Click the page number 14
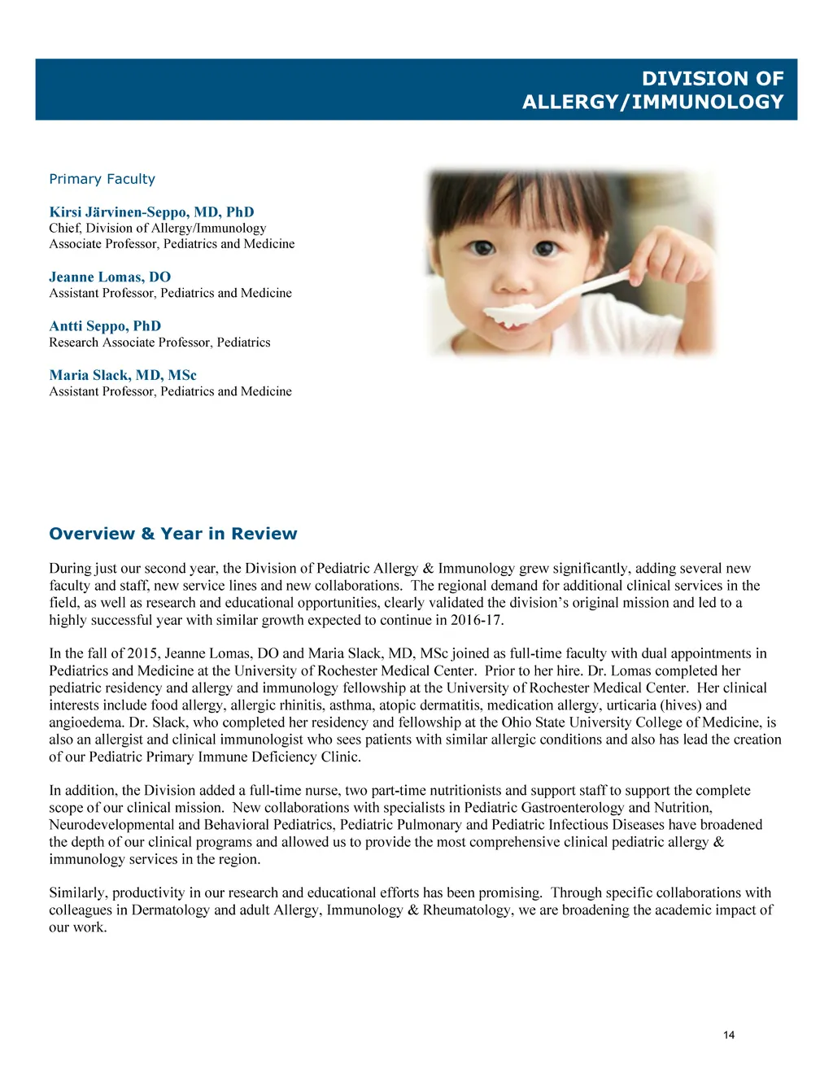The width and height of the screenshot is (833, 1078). click(728, 1035)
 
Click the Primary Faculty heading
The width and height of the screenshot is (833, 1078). click(102, 179)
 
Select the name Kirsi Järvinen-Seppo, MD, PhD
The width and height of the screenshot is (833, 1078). click(151, 212)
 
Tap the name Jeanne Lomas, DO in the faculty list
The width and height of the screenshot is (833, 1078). click(110, 277)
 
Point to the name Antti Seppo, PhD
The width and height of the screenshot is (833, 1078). click(105, 326)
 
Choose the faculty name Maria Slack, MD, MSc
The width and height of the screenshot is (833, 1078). click(123, 375)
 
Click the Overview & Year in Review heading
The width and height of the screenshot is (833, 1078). click(173, 534)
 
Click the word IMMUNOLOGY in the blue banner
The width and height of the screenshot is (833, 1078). click(706, 102)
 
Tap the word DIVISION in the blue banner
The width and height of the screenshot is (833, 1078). click(685, 79)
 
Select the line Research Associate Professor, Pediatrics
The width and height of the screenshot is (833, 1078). click(159, 343)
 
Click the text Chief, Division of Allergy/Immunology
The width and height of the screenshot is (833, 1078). click(157, 229)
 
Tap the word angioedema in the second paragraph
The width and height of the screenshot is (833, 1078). click(85, 722)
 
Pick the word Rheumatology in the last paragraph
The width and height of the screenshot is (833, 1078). click(468, 910)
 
